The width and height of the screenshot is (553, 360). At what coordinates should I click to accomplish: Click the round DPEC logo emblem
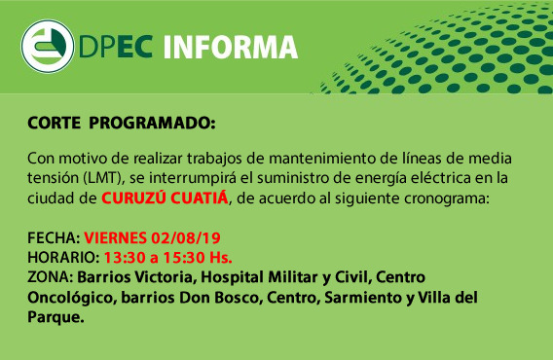[x=48, y=46]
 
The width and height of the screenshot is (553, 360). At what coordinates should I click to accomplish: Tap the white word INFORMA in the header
[x=231, y=47]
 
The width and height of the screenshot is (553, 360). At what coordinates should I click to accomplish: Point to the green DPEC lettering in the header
[x=116, y=47]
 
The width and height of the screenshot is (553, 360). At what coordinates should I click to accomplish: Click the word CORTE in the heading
[x=54, y=123]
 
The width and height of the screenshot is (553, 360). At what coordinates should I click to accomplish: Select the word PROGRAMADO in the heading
[x=152, y=123]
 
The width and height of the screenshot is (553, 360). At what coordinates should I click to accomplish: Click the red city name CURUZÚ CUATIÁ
[x=166, y=198]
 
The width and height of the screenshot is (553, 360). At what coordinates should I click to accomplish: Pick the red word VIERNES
[x=115, y=238]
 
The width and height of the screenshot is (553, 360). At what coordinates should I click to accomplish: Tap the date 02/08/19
[x=186, y=238]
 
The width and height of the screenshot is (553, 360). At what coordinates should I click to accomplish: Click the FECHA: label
[x=54, y=238]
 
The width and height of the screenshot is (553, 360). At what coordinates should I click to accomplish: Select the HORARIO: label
[x=63, y=258]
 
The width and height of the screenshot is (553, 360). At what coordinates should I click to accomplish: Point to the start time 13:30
[x=125, y=258]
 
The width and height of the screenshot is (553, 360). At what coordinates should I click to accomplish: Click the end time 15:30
[x=184, y=258]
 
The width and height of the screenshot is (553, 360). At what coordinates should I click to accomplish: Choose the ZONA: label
[x=50, y=277]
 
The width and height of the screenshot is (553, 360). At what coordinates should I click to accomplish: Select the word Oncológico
[x=72, y=298]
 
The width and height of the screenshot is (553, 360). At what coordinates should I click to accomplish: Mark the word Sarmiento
[x=363, y=297]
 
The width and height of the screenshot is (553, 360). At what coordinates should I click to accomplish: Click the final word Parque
[x=55, y=317]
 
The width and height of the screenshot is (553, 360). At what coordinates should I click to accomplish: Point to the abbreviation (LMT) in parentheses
[x=105, y=178]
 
